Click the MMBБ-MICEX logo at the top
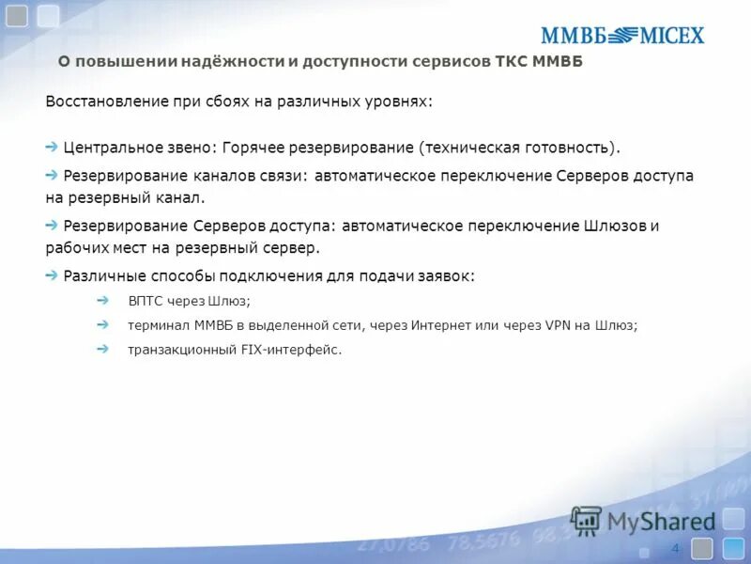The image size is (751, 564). (x=621, y=36)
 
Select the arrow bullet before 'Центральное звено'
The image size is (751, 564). (x=52, y=148)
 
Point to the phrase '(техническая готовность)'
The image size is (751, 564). (x=519, y=149)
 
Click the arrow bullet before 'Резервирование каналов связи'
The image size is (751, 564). (x=52, y=176)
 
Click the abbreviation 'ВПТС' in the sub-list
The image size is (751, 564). (x=146, y=301)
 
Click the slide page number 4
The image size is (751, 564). (x=675, y=548)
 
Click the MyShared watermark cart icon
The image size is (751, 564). (x=587, y=520)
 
